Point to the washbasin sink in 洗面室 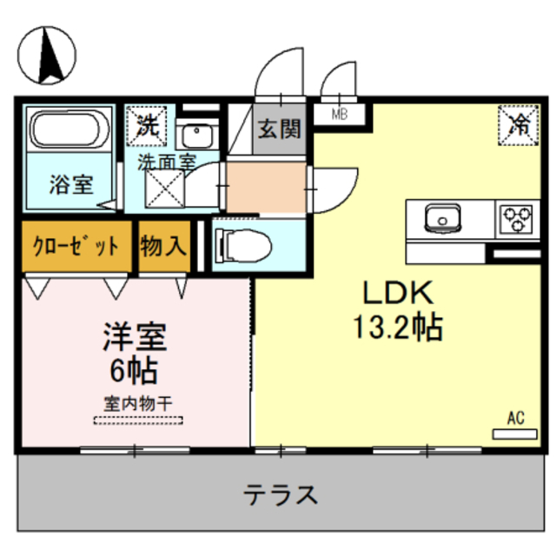tap(199, 136)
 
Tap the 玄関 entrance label tap(278, 129)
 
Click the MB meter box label tap(339, 112)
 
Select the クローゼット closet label tap(76, 246)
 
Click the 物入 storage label tap(162, 246)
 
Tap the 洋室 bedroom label tap(135, 336)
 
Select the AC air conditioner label tap(516, 418)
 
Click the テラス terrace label tap(280, 495)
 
